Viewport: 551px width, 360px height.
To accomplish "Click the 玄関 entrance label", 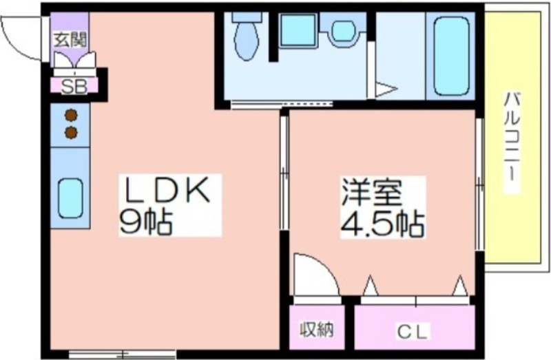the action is point(70,41).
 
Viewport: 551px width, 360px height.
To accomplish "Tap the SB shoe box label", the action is point(74,86).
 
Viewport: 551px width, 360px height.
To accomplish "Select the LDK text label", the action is point(165,190).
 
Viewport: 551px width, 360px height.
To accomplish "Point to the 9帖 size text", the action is point(145,222).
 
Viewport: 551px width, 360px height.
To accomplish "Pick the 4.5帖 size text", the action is point(383,224).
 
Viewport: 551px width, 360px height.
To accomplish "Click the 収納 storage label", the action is point(316,330).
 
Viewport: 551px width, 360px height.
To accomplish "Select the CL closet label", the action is point(413,331).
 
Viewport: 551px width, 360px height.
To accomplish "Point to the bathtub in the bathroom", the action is point(451,56).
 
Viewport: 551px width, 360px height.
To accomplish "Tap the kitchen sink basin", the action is point(71,198).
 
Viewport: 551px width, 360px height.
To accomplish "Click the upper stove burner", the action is point(71,115).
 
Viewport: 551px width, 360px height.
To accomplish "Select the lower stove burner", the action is point(71,132).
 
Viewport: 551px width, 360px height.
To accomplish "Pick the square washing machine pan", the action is point(298,30).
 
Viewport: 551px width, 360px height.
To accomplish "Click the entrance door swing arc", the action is point(16,45).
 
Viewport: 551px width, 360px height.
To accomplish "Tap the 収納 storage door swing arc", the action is point(322,268).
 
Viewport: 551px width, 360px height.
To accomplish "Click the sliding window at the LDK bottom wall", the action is point(122,353).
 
